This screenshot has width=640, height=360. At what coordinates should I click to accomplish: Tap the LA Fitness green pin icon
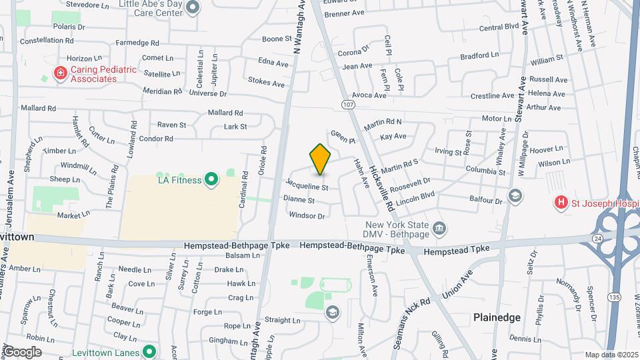click(211, 179)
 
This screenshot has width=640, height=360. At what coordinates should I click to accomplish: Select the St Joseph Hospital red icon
click(561, 201)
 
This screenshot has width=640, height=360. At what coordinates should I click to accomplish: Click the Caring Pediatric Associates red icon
click(60, 72)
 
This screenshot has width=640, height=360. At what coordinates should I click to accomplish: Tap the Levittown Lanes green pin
click(149, 351)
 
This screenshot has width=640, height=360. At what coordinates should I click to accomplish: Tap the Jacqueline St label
click(307, 185)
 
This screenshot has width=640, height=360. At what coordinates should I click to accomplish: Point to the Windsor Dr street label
click(307, 215)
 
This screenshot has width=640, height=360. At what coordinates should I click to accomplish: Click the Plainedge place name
click(497, 317)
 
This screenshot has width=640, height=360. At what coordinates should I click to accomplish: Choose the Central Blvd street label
click(499, 27)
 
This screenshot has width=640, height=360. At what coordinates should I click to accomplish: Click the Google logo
click(22, 351)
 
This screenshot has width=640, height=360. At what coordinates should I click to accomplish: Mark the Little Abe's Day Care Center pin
click(193, 7)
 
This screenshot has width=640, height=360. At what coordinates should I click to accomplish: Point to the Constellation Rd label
click(47, 41)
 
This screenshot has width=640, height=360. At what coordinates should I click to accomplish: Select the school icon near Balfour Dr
click(515, 195)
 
